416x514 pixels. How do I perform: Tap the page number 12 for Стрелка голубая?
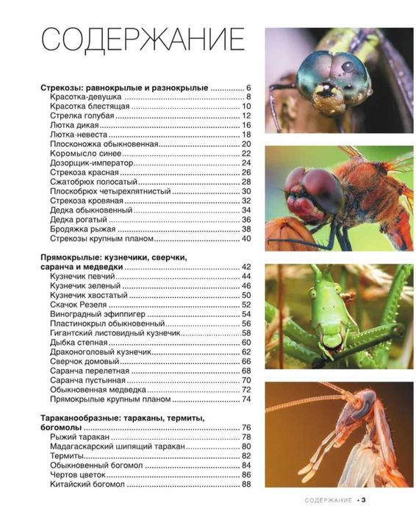[246, 116]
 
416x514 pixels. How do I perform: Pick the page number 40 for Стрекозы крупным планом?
[246, 238]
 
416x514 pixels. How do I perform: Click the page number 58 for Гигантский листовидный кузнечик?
[246, 333]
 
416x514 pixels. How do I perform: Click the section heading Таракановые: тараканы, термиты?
[122, 418]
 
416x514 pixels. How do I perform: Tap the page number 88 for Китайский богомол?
[246, 485]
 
